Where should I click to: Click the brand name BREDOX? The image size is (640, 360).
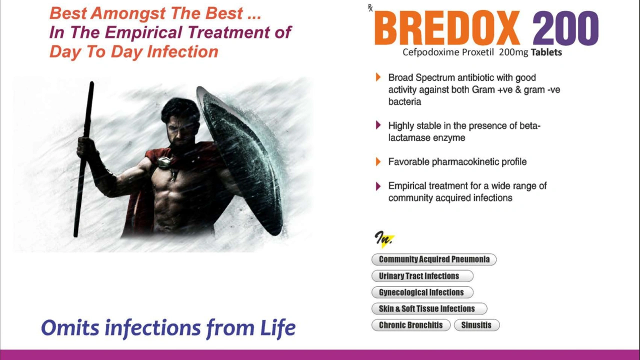447,27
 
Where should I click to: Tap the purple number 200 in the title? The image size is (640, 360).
565,28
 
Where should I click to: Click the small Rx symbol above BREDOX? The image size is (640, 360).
370,8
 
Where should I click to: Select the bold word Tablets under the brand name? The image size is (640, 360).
546,52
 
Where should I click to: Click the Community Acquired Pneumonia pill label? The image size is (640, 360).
434,259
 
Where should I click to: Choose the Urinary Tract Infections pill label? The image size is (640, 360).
422,276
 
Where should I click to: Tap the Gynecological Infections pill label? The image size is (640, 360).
422,292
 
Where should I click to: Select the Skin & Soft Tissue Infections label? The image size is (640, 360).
429,308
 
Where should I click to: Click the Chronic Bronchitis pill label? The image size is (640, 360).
411,325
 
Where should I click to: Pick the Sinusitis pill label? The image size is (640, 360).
477,325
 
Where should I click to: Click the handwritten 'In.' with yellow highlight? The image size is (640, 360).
384,239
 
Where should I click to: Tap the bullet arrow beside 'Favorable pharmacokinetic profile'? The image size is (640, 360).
378,161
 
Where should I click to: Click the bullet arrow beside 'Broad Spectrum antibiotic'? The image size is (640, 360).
378,77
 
